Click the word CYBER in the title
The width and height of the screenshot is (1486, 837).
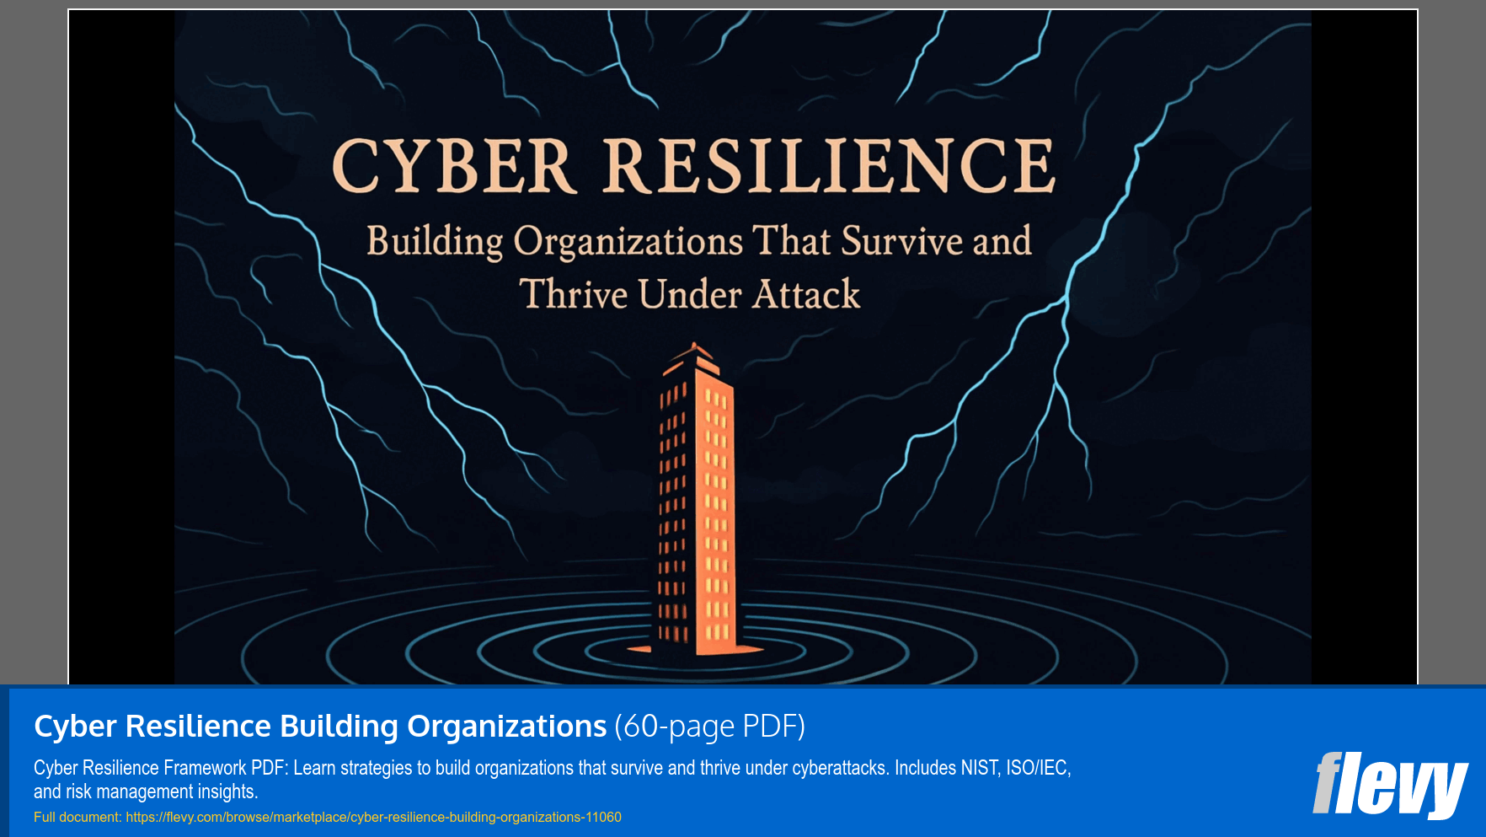(x=453, y=166)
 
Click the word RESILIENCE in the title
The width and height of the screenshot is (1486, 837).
(x=829, y=166)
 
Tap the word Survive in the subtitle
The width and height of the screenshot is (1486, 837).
(x=901, y=241)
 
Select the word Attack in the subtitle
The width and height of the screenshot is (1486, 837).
(x=806, y=295)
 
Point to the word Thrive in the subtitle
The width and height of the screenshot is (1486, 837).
(x=574, y=295)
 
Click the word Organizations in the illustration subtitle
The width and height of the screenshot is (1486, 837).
(x=628, y=242)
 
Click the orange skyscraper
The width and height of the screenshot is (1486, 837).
(x=696, y=506)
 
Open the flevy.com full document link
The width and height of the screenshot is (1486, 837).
(x=373, y=818)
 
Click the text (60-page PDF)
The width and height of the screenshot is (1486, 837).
(x=709, y=727)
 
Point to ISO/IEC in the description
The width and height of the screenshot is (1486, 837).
(x=1038, y=768)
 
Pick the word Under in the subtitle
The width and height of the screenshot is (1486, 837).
(x=689, y=295)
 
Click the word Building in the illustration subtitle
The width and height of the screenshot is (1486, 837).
(x=435, y=242)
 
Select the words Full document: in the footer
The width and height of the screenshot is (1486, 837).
(x=78, y=818)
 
